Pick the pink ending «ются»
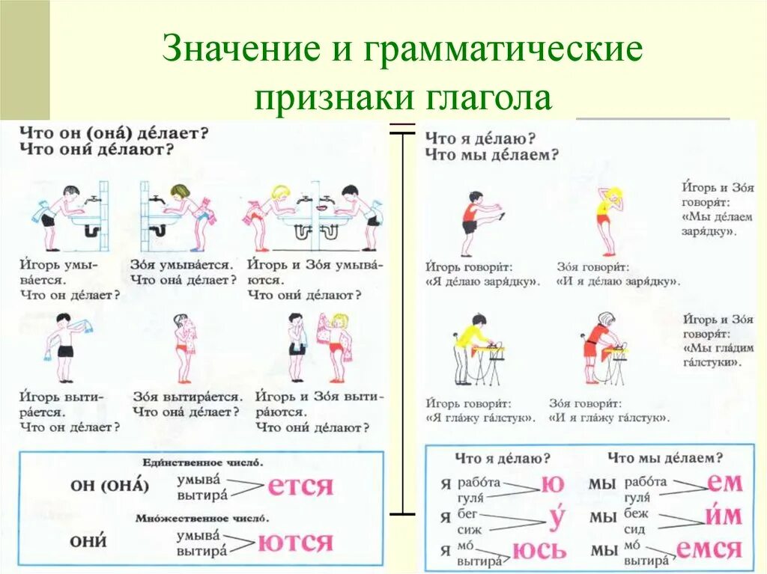click(295, 542)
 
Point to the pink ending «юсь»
click(539, 552)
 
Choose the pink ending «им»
click(723, 516)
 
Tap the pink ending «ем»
click(724, 483)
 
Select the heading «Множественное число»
click(202, 518)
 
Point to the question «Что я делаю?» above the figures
click(479, 138)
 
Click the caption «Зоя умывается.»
click(182, 264)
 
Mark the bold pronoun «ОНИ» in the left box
click(88, 541)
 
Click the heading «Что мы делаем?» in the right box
click(665, 457)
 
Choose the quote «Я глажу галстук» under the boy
click(481, 418)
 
